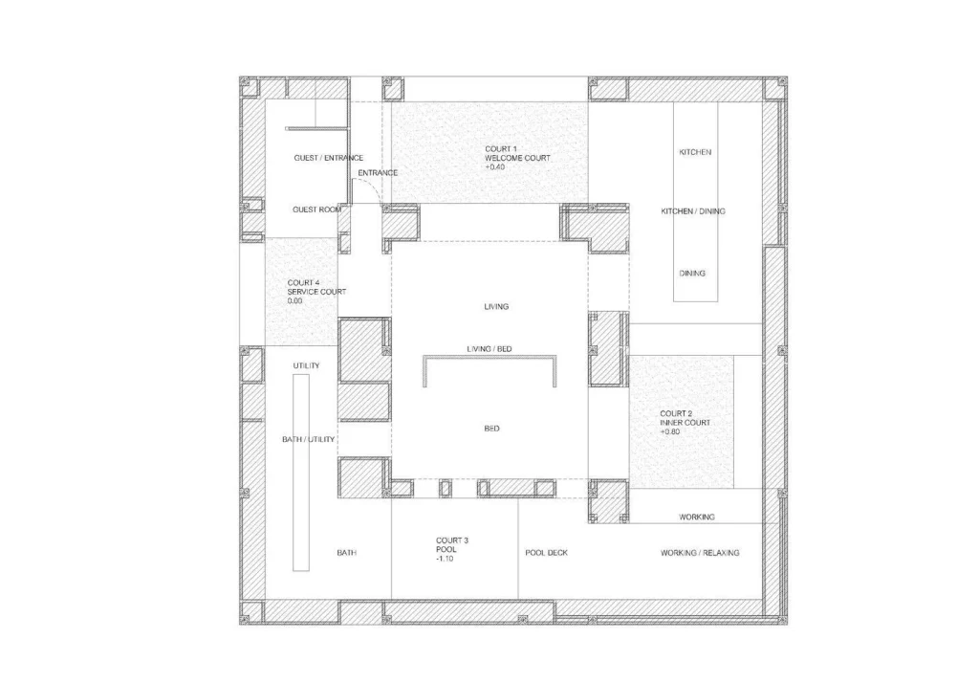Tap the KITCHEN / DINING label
(693, 211)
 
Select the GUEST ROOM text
(317, 209)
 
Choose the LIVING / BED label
(489, 349)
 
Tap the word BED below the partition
(492, 428)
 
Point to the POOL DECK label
(546, 552)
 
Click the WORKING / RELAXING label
(700, 552)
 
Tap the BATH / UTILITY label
(309, 439)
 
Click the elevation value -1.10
(446, 558)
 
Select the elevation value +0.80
(670, 431)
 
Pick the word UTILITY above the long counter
(307, 365)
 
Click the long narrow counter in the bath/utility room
(301, 473)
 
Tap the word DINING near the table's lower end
(692, 273)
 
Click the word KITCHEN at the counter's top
(695, 152)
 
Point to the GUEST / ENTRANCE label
(329, 158)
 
